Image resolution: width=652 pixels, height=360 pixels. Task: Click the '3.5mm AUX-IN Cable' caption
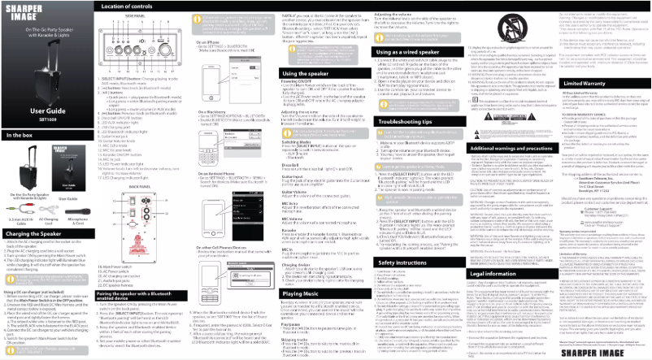[x=15, y=220]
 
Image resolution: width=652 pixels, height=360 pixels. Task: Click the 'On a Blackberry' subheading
[x=213, y=110]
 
